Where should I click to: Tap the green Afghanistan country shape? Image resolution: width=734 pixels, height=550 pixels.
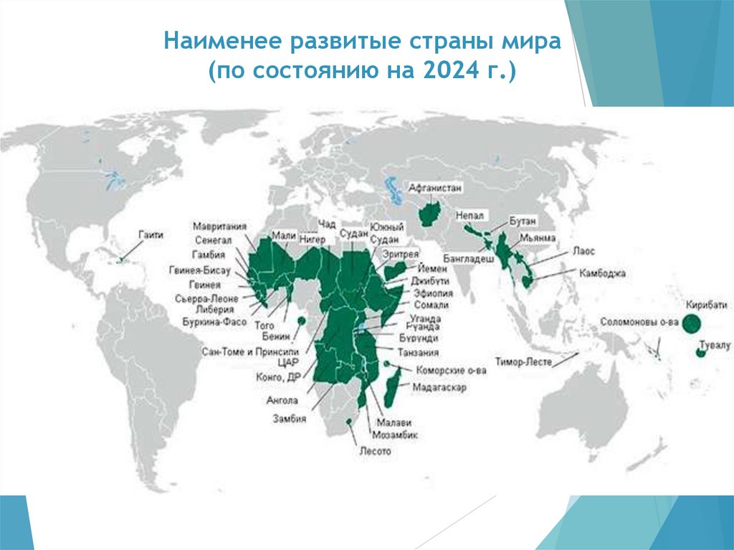[430, 213]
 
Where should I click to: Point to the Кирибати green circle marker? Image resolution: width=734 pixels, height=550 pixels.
[690, 324]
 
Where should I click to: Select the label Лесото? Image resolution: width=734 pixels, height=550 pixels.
[375, 452]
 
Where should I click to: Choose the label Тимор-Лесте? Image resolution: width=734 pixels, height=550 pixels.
[523, 361]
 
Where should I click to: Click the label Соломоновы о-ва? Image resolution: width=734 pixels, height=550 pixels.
[639, 322]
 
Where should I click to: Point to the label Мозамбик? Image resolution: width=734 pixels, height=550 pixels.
[395, 435]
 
